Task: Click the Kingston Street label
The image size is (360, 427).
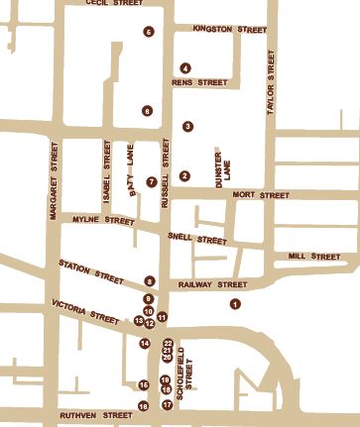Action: (230, 30)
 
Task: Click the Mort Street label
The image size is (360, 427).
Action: (260, 195)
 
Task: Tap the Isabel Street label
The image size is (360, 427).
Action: (106, 161)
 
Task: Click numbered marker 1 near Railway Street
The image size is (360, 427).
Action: (235, 303)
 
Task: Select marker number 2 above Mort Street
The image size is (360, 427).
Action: (184, 176)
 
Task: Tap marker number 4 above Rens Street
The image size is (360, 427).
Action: (185, 67)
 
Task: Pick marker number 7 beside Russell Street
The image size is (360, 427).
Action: (151, 181)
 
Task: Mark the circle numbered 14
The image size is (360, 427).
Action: (145, 344)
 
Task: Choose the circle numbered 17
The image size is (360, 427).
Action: (167, 404)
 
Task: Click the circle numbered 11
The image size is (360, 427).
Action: (162, 316)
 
